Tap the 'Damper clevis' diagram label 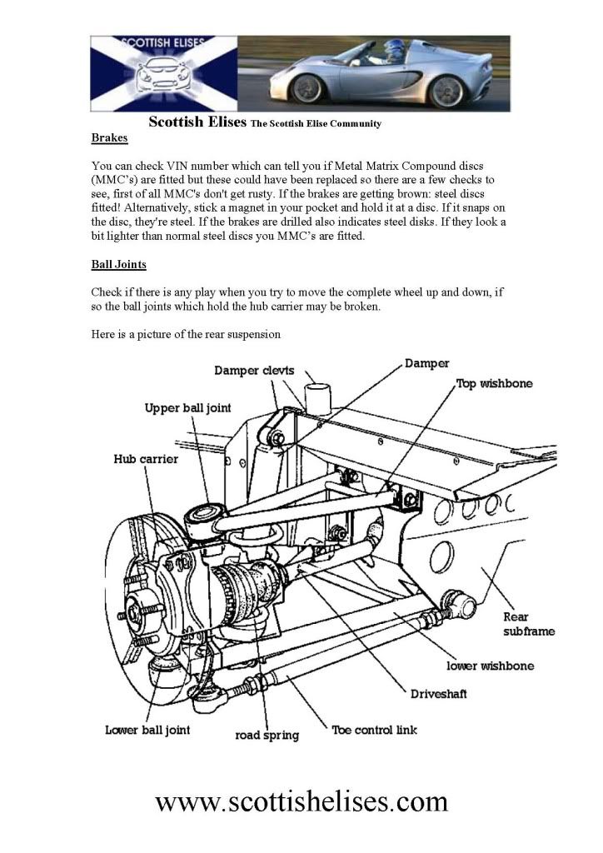click(254, 371)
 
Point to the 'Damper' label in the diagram click(426, 363)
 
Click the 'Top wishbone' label click(494, 384)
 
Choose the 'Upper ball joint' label click(187, 408)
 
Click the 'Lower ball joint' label click(147, 730)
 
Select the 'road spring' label click(267, 736)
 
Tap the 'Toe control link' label click(374, 731)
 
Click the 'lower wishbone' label click(490, 666)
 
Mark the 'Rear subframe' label click(528, 624)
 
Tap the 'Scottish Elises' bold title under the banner click(197, 122)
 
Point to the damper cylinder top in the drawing click(317, 385)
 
